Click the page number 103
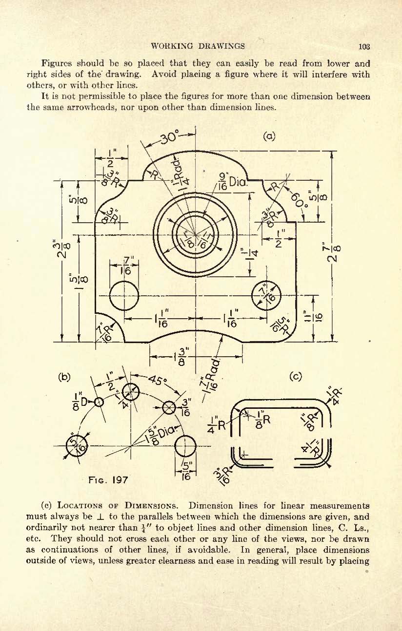364,46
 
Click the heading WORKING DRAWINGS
198,46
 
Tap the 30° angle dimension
170,138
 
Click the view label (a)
269,136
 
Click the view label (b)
64,377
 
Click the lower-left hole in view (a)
124,295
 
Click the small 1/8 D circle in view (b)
99,402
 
